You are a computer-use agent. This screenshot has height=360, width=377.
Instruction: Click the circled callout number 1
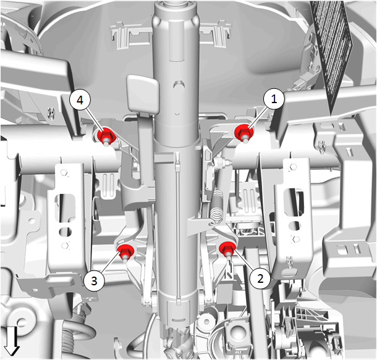click(x=274, y=99)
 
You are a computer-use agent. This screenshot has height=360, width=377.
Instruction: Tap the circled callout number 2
click(x=260, y=278)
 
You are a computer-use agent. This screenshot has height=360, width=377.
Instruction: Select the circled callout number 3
click(x=94, y=280)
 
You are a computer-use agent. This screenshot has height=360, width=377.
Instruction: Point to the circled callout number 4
click(x=80, y=100)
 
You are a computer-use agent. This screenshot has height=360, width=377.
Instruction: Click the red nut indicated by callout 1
click(x=244, y=133)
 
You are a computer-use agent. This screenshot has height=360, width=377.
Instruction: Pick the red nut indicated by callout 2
click(x=227, y=249)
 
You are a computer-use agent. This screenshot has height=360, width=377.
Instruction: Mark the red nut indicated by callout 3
click(x=125, y=253)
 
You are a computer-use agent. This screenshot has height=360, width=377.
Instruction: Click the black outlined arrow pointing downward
click(x=12, y=341)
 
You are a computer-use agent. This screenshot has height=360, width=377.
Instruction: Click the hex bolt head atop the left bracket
click(x=64, y=172)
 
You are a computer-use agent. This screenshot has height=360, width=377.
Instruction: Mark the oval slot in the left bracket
click(x=65, y=232)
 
